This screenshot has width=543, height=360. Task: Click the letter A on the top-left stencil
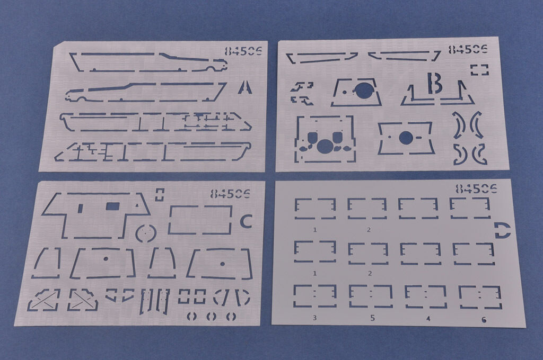(245, 87)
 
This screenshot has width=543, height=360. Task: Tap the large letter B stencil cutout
(434, 83)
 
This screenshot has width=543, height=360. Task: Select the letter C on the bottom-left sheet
(246, 221)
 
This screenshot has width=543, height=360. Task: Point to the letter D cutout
(503, 230)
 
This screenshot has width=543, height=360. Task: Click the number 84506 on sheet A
(243, 51)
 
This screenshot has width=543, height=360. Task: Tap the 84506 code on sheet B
(468, 49)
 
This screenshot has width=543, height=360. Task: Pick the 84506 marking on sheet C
(230, 194)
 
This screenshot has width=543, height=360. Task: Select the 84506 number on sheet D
(476, 189)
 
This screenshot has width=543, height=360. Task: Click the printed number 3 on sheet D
(314, 318)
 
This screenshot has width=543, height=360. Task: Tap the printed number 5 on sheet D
(372, 318)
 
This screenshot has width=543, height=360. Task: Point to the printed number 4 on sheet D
(428, 319)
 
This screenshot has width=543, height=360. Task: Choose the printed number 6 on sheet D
(484, 320)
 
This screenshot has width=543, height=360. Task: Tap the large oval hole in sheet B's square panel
(325, 146)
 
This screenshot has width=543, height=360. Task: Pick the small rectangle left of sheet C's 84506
(159, 195)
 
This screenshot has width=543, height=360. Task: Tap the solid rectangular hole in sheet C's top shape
(112, 207)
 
